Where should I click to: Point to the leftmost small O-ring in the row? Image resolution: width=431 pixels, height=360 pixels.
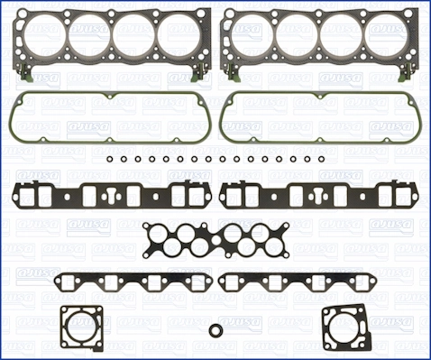coord(109,159)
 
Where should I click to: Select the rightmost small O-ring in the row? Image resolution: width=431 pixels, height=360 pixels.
coord(320,159)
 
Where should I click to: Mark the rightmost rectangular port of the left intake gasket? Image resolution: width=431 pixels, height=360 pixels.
coord(188,195)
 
